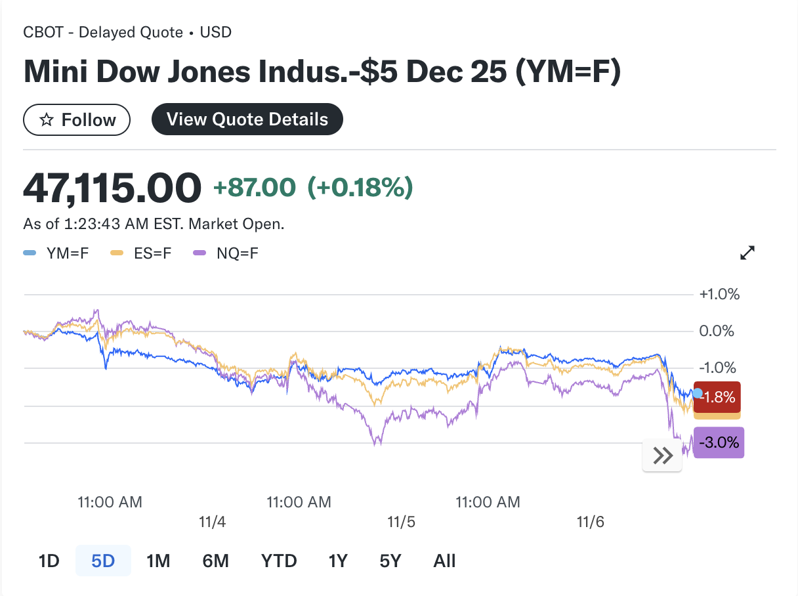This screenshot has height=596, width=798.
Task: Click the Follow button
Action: [77, 120]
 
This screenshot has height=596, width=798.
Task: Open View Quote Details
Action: [247, 119]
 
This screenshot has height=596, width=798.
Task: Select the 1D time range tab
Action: [49, 561]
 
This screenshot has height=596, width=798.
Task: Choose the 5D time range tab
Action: [103, 561]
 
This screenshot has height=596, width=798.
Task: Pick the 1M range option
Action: [158, 561]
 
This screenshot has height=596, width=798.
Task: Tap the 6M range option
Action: [215, 561]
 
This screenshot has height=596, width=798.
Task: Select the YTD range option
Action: [279, 561]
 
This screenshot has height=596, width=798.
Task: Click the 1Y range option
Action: [338, 561]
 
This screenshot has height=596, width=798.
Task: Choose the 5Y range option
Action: [390, 561]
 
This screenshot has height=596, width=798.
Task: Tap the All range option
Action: [444, 561]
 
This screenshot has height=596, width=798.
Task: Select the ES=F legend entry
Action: [140, 253]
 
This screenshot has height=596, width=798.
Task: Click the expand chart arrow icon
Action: [747, 253]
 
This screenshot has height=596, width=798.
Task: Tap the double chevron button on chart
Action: [663, 456]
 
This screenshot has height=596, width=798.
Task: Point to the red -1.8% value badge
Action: [718, 397]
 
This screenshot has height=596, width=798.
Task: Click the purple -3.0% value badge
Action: [719, 442]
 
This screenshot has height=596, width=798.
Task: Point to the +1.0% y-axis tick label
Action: [720, 294]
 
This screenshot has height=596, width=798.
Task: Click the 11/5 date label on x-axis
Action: [402, 522]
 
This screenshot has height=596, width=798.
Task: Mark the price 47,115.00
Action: [112, 188]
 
